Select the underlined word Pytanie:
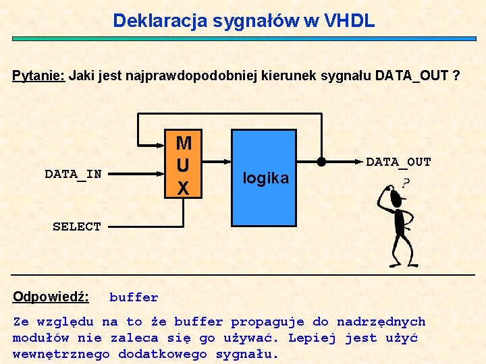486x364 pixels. [38, 75]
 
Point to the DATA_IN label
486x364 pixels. [73, 174]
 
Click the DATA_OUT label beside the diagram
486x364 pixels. [398, 162]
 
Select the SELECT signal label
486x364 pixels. [77, 226]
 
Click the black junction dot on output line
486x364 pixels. [321, 162]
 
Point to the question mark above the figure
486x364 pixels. [406, 183]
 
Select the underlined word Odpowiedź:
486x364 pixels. [51, 297]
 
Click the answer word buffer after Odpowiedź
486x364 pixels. [134, 297]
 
